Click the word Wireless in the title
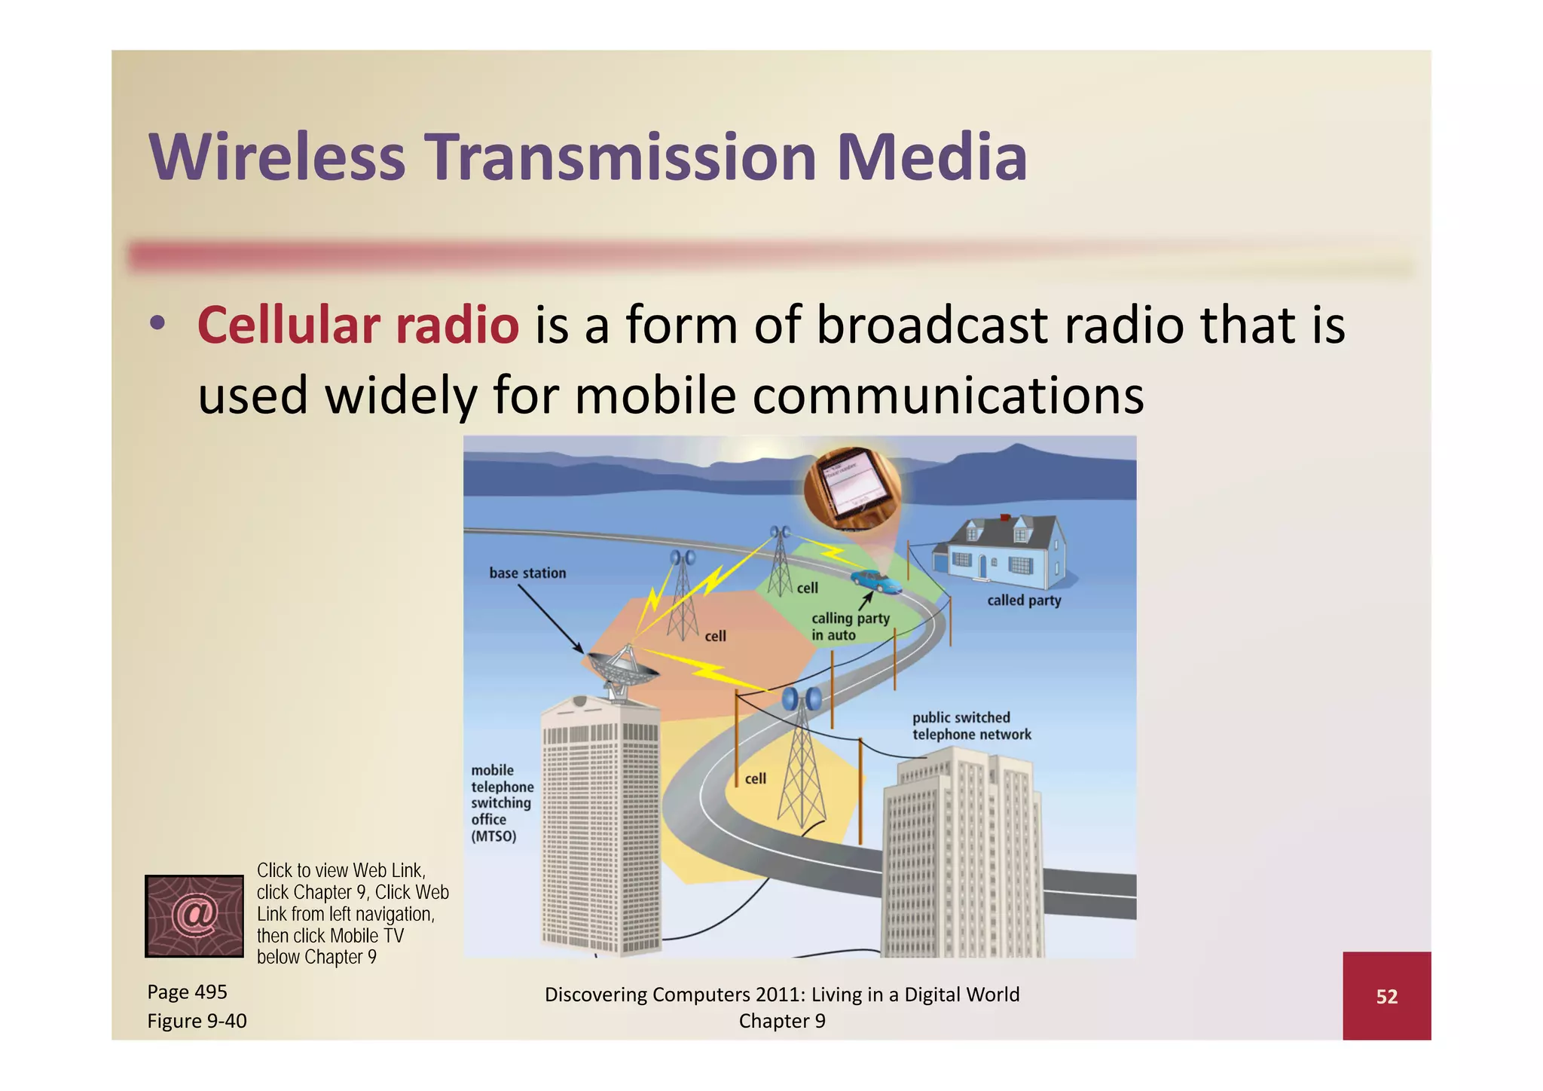(277, 157)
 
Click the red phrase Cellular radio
(358, 325)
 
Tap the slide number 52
(1386, 997)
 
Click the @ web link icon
(194, 915)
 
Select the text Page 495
(187, 992)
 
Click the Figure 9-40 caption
(197, 1021)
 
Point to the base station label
(527, 573)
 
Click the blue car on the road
(876, 581)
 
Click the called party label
(1024, 601)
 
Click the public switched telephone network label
(970, 726)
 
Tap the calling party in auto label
(850, 626)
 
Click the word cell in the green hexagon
(807, 588)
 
